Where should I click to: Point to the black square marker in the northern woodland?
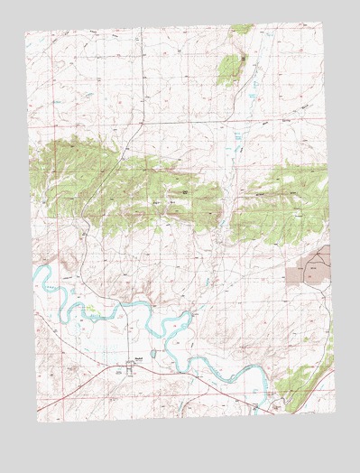243,59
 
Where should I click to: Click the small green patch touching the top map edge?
242,29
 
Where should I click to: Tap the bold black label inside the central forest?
186,191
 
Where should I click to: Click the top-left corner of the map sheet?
25,33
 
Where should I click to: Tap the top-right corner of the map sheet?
322,24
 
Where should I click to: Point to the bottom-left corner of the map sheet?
38,421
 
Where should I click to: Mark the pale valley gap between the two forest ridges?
226,199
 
